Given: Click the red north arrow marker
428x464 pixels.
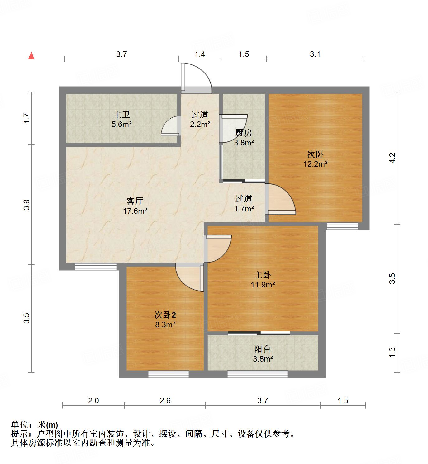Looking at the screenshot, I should [31, 56].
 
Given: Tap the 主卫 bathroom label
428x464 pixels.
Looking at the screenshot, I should [121, 115].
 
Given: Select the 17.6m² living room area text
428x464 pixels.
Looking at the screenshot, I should [135, 211].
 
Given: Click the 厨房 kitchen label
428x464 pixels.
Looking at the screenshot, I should [243, 133].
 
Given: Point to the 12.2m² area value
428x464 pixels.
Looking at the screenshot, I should [315, 164].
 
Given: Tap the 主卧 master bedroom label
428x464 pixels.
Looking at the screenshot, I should [263, 275].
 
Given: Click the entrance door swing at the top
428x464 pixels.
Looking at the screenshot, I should [196, 78].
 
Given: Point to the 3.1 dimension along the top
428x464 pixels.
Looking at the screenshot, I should [315, 54].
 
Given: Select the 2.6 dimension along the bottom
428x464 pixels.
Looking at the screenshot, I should [165, 400].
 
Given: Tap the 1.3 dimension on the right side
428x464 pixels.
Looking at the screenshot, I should [392, 353].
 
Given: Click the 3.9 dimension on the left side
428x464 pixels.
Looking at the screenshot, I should [27, 204].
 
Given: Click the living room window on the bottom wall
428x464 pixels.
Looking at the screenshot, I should [96, 267].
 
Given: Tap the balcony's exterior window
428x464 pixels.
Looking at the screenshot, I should [257, 374].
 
